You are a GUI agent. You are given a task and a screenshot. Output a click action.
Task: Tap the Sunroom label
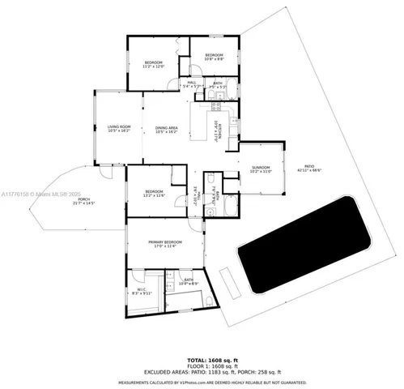click(x=260, y=169)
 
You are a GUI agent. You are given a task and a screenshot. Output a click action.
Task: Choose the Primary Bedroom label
click(x=164, y=243)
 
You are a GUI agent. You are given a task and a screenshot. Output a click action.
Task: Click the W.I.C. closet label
click(x=141, y=291)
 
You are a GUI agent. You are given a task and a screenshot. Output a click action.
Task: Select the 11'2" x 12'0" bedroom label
click(x=154, y=64)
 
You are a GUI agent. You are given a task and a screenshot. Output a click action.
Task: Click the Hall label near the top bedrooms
click(x=193, y=83)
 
